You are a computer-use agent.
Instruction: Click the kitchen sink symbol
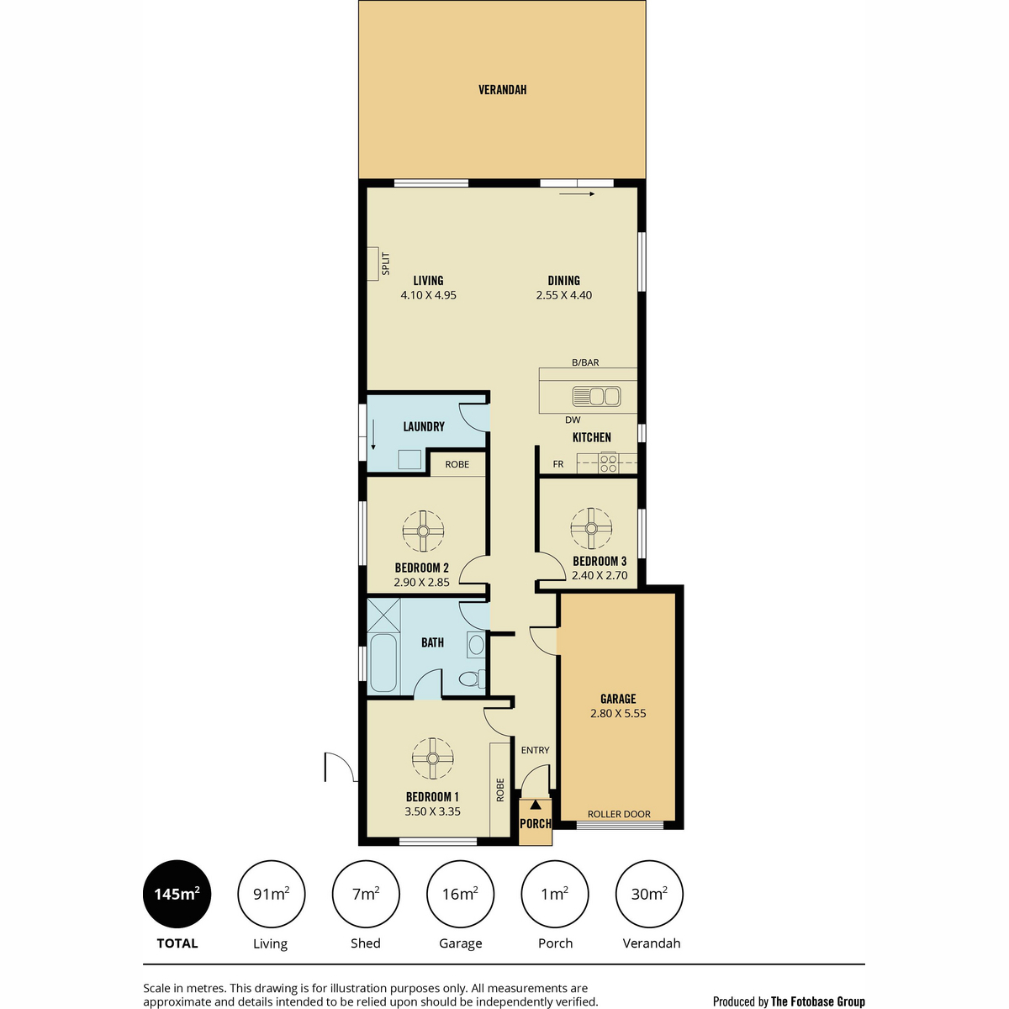[x=596, y=396]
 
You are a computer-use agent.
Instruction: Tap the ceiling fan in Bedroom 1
[x=432, y=758]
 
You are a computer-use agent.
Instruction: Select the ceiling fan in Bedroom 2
[x=423, y=531]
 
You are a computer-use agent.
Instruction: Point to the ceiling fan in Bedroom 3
[x=591, y=528]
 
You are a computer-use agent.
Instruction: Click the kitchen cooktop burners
[x=609, y=463]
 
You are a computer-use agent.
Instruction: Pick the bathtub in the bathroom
[x=383, y=663]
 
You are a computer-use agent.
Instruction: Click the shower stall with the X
[x=383, y=615]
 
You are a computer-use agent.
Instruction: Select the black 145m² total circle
[x=177, y=894]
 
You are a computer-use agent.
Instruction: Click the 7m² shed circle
[x=366, y=894]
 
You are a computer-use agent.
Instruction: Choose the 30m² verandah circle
[x=649, y=894]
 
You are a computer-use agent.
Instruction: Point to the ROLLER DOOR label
[x=619, y=814]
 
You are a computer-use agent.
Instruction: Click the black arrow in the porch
[x=536, y=805]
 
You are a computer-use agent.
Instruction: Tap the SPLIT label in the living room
[x=386, y=264]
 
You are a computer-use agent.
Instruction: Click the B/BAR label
[x=585, y=362]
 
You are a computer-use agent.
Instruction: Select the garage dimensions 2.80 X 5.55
[x=618, y=713]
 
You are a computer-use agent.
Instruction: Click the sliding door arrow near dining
[x=577, y=193]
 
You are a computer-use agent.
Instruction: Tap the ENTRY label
[x=535, y=750]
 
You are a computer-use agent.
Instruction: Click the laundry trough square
[x=409, y=459]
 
